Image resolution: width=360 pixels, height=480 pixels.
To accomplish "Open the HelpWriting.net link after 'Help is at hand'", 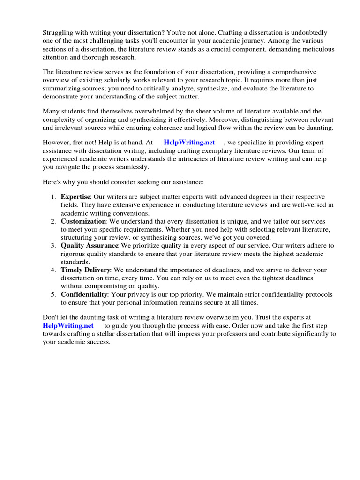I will [189, 142].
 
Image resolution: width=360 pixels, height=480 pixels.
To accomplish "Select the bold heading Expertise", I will [75, 196].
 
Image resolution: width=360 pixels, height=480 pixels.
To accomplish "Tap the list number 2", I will [53, 221].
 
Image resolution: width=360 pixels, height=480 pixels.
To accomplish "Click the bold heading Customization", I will [83, 221].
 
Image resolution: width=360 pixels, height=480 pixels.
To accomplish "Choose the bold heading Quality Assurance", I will [89, 245].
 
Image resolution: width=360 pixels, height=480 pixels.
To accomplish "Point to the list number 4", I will [53, 270].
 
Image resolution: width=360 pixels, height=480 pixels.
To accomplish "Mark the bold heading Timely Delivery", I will [85, 270].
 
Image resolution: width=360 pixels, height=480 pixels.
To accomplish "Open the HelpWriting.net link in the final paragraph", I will [68, 325].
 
